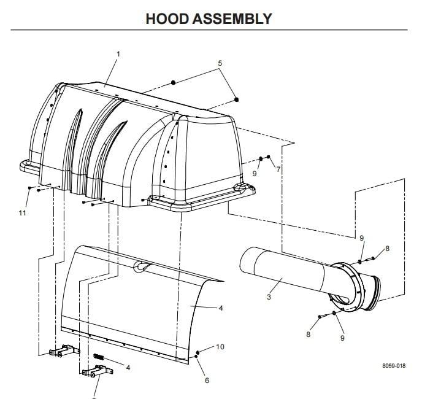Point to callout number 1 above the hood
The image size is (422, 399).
(118, 54)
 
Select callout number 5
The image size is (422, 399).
(220, 63)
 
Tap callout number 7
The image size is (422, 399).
(278, 169)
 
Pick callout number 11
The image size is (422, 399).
(23, 212)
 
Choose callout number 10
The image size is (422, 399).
(220, 347)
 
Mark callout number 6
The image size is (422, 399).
(207, 380)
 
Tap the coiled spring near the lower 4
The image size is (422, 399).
(100, 357)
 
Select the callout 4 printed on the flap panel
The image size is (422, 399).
(221, 308)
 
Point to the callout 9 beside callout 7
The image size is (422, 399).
(255, 173)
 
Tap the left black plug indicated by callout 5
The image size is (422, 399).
(174, 82)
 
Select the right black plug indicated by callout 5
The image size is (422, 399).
(237, 99)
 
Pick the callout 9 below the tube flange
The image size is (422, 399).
(342, 338)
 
